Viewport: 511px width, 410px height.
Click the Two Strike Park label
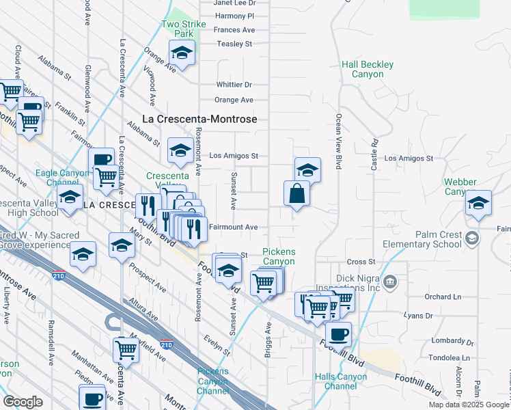178,29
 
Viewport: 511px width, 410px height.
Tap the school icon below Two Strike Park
182,53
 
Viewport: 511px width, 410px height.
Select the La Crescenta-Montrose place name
199,118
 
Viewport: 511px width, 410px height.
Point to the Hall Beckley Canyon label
368,69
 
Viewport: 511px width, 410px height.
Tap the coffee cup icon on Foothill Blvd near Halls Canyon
338,335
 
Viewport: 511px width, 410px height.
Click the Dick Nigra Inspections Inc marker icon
390,281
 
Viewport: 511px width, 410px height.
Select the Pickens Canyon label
279,256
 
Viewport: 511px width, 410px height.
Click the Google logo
23,402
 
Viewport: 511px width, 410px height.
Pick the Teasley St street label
234,44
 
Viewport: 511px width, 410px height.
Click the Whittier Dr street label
234,85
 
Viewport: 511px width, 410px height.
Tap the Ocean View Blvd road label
338,140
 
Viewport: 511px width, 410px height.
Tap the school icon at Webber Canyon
479,203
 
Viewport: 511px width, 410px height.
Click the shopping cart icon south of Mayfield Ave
126,348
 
